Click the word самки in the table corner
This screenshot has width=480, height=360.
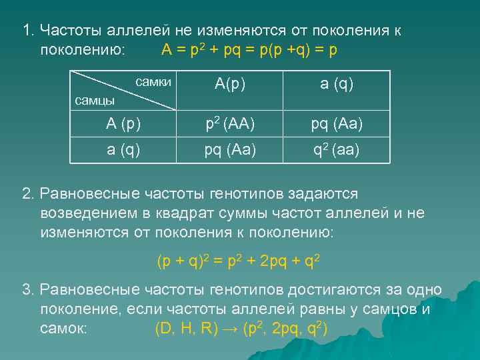point(153,82)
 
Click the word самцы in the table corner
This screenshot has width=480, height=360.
point(94,101)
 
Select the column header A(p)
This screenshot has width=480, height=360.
point(229,85)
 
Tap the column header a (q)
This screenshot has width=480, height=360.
point(337,85)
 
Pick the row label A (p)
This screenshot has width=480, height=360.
point(123,124)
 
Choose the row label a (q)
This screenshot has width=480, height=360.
point(123,149)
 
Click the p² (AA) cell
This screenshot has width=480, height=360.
point(229,124)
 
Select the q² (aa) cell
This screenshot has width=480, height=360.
point(337,149)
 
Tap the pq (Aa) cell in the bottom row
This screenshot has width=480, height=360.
point(229,149)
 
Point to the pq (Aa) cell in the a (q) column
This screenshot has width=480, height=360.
point(337,124)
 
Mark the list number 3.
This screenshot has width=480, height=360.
point(27,290)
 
